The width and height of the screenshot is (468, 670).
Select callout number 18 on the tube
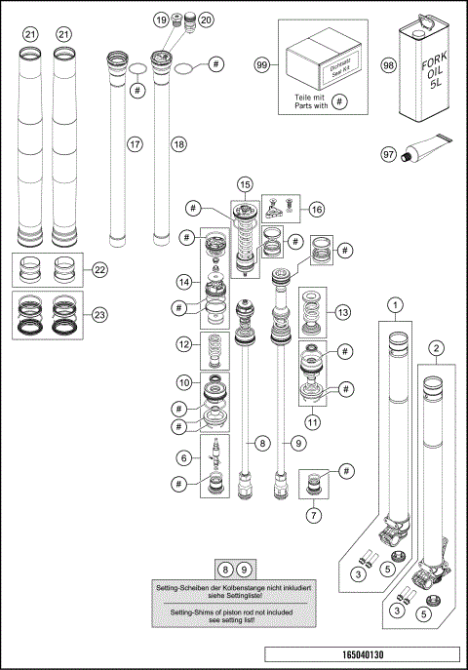click(177, 144)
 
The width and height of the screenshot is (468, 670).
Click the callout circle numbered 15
click(245, 184)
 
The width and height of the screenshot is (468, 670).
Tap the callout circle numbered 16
click(316, 209)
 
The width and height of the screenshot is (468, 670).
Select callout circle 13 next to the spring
click(341, 313)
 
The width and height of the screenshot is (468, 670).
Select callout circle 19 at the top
click(161, 20)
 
